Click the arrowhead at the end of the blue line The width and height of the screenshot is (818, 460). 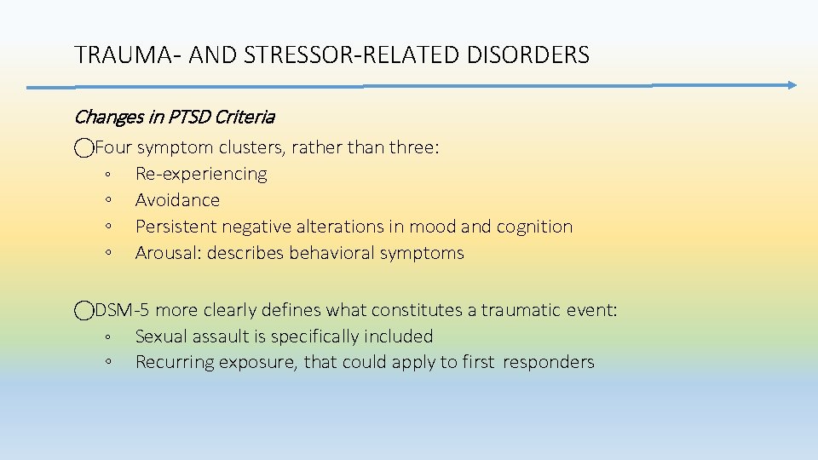pos(790,85)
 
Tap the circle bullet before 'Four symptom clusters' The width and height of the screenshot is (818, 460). pos(84,148)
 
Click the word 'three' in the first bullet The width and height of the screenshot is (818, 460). pos(411,148)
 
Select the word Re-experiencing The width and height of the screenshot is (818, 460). pos(201,175)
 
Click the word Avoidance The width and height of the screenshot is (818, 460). pos(177,200)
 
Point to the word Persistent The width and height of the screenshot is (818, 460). pos(176,227)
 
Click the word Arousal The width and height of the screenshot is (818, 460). pos(167,253)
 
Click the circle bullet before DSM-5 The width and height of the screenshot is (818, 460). pos(84,311)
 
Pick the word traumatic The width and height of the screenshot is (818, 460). pos(522,311)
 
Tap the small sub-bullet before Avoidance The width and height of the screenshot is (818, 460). pos(109,201)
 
